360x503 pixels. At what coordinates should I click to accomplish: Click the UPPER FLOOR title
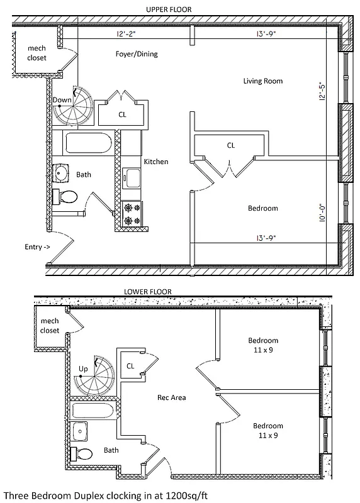(x=168, y=9)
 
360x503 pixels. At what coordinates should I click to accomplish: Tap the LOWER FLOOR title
(x=149, y=292)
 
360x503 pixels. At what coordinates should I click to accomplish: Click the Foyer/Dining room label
(x=137, y=54)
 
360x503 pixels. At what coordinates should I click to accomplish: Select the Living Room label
(x=263, y=80)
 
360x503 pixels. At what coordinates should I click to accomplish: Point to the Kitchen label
(x=156, y=162)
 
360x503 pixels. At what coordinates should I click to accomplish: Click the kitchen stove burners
(x=132, y=214)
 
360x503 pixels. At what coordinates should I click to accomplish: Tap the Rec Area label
(x=171, y=397)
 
